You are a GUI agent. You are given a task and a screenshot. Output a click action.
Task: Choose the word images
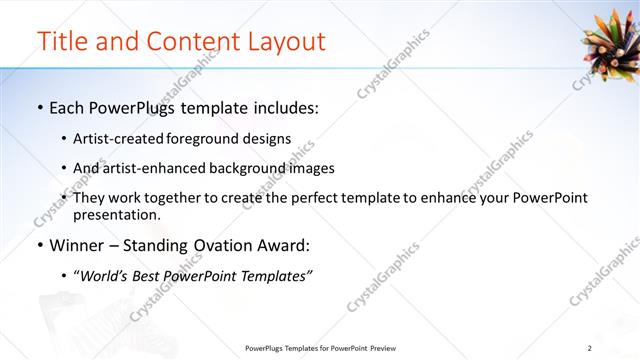pos(312,168)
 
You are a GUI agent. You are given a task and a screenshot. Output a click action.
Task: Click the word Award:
pos(285,245)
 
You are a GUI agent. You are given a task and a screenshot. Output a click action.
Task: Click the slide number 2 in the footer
pos(589,348)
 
